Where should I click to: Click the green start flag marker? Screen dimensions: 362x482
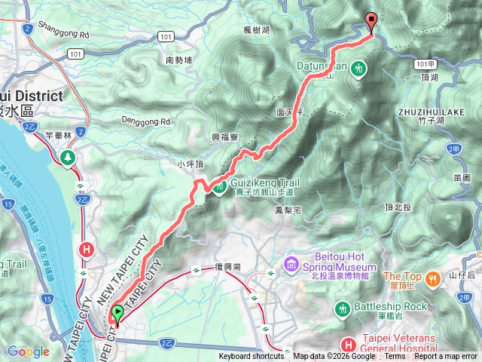117,313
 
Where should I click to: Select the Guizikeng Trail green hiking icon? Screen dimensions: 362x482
218,186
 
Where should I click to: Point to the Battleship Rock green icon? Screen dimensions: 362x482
343,307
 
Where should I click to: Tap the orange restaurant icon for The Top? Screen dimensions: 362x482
432,278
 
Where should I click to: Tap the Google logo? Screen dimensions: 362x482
29,351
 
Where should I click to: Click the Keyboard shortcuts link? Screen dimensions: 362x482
252,357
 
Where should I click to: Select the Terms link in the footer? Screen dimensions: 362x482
395,357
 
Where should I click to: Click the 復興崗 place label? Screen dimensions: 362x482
227,268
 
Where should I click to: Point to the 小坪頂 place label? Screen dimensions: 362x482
191,164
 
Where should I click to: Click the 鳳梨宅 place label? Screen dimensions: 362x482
290,210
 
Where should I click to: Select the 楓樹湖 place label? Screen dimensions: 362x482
258,29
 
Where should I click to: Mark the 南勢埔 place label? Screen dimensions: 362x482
179,60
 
